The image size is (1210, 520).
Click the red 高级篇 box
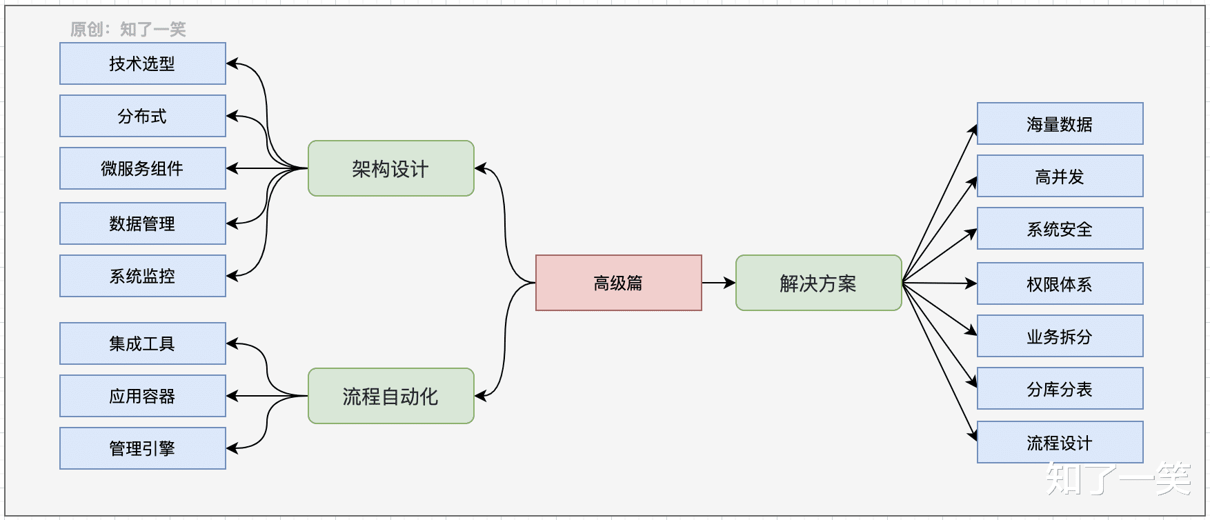pyautogui.click(x=618, y=283)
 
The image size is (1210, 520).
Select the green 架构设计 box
pyautogui.click(x=390, y=168)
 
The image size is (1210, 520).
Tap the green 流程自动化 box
pyautogui.click(x=390, y=396)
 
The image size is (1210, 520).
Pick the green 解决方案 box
pyautogui.click(x=818, y=283)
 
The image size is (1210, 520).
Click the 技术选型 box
pyautogui.click(x=142, y=63)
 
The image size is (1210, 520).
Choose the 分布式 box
pyautogui.click(x=142, y=116)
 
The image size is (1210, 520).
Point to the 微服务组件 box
pyautogui.click(x=142, y=168)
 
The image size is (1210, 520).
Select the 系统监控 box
pyautogui.click(x=142, y=276)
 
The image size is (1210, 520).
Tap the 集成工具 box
pyautogui.click(x=142, y=343)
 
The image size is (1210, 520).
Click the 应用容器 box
pyautogui.click(x=142, y=396)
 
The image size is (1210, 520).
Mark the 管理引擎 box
pyautogui.click(x=142, y=448)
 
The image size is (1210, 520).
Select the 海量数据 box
pyautogui.click(x=1060, y=124)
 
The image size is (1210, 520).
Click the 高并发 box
pyautogui.click(x=1060, y=177)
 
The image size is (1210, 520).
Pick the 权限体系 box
pyautogui.click(x=1060, y=283)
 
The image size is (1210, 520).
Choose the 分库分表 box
pyautogui.click(x=1060, y=389)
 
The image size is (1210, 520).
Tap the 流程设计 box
pyautogui.click(x=1060, y=442)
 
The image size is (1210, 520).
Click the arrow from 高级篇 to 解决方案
pyautogui.click(x=718, y=283)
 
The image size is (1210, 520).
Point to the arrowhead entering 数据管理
pyautogui.click(x=232, y=223)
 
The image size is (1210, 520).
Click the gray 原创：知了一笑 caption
pyautogui.click(x=128, y=29)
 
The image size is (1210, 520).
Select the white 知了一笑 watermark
pyautogui.click(x=1118, y=479)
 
